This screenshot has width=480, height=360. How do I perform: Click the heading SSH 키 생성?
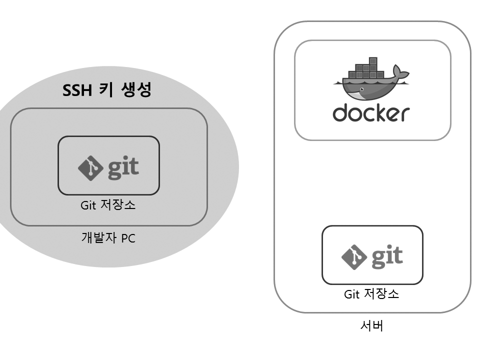click(107, 90)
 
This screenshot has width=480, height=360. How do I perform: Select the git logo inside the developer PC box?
click(108, 167)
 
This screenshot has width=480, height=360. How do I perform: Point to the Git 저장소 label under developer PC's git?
click(108, 205)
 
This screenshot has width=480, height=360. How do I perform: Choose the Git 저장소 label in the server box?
click(371, 294)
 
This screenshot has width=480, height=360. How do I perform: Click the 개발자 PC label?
click(108, 238)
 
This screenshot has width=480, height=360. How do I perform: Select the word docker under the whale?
click(371, 113)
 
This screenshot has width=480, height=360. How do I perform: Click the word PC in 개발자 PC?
click(127, 238)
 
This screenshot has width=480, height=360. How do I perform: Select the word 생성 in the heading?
click(136, 90)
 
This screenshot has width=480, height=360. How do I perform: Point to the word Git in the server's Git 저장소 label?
click(352, 294)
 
